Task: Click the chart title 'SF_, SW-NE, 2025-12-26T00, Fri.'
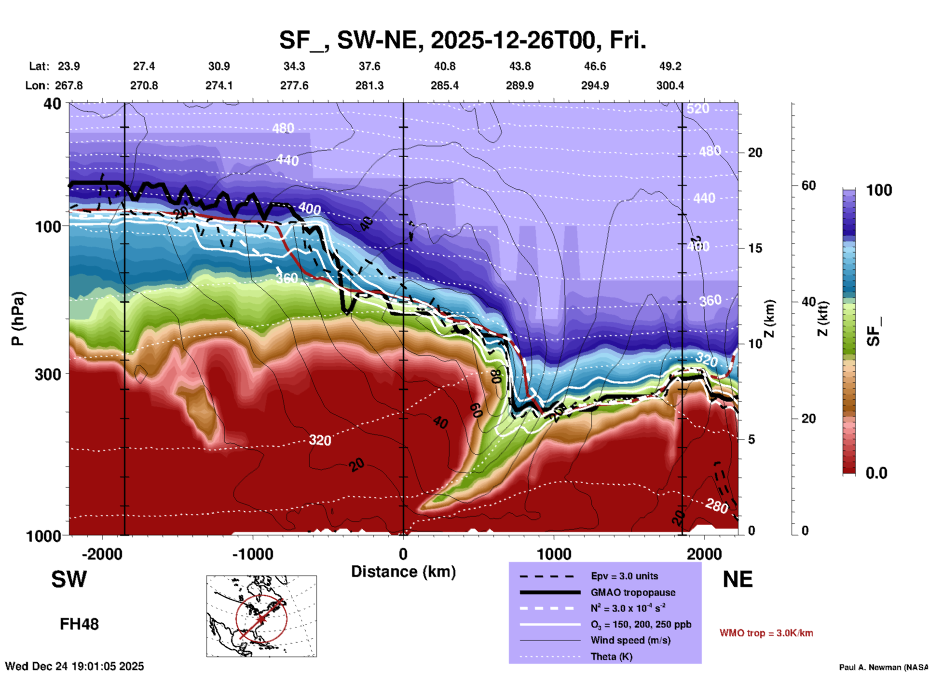462,40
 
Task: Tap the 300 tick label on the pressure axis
48,374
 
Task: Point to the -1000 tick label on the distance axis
252,554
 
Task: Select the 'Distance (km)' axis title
403,572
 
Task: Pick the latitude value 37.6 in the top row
369,66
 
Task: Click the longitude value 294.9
594,85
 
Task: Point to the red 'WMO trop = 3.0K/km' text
766,633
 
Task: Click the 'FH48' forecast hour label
79,624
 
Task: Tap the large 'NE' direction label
738,579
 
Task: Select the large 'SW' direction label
69,579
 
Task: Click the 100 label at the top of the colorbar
879,190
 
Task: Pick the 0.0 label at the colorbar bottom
876,473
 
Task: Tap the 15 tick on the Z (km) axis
755,248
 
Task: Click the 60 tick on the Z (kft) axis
808,185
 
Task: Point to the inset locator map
261,616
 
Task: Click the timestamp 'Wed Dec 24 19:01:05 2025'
74,666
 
